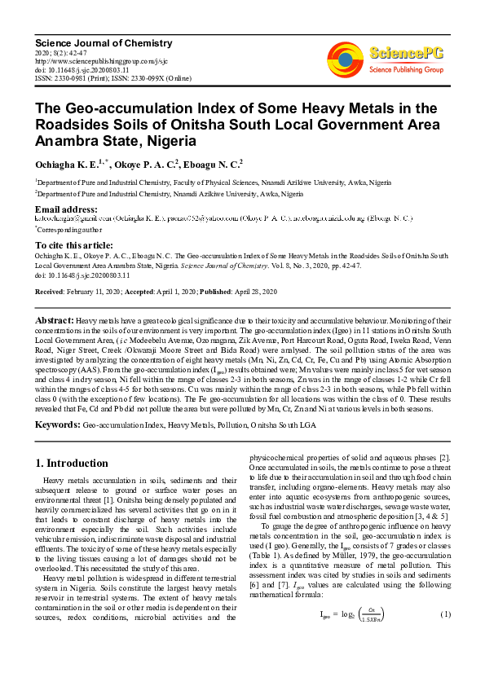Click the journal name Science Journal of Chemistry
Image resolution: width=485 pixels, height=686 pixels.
point(90,42)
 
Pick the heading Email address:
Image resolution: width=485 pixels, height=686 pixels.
point(70,209)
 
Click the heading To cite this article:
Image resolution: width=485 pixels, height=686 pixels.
point(73,244)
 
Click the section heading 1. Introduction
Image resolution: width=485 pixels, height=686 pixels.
point(72,463)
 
